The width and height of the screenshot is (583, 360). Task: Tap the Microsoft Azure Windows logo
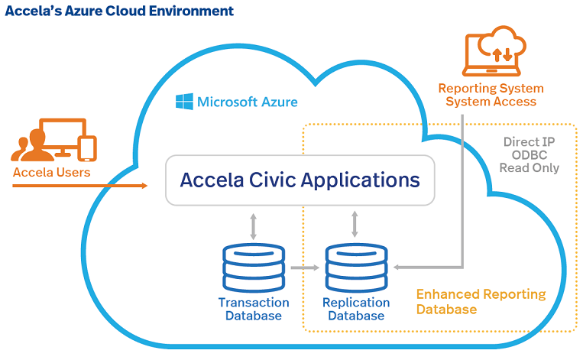183,101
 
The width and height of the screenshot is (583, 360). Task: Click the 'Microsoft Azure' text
248,102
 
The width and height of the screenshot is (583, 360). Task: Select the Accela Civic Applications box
300,180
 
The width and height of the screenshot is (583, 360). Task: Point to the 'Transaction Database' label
250,308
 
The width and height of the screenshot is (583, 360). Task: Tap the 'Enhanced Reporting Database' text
481,302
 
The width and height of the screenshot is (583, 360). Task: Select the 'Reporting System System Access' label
491,95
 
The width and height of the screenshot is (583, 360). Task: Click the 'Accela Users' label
51,173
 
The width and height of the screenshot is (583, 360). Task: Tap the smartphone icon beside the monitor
88,148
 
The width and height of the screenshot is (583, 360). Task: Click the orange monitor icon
59,136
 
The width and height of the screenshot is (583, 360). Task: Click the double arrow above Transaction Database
253,225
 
